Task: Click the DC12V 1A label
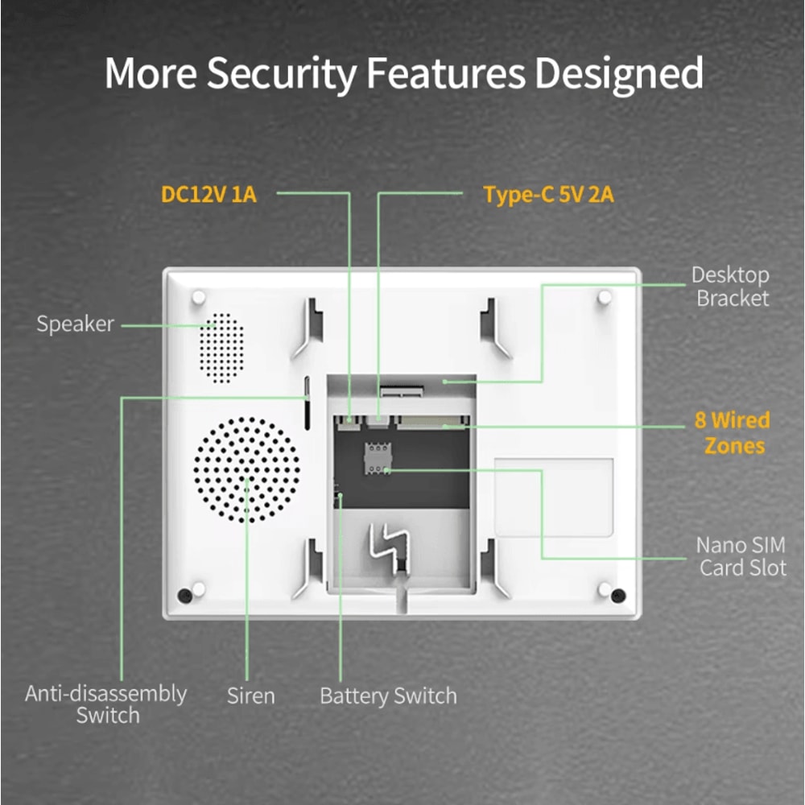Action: pos(208,194)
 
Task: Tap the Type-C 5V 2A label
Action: pos(548,195)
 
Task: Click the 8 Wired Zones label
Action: pos(732,432)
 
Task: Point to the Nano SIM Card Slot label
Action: pos(741,556)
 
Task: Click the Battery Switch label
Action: pos(388,696)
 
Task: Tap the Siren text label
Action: pos(250,696)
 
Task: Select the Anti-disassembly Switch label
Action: pos(106,704)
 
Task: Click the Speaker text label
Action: pos(76,324)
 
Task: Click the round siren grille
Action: pos(246,469)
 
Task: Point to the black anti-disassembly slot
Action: pos(308,402)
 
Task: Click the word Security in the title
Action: pos(280,73)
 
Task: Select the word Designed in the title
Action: pos(617,73)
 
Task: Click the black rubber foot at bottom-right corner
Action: pos(617,596)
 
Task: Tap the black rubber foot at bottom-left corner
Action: pos(185,596)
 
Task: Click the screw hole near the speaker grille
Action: pos(198,298)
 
